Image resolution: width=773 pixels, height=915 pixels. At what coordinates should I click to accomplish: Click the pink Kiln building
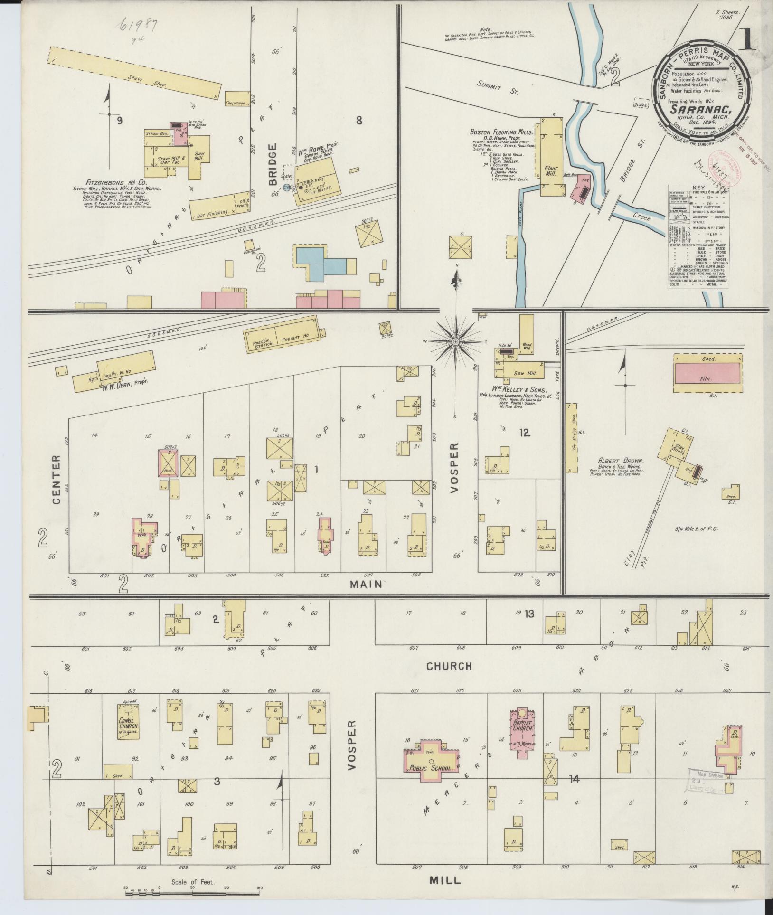pos(707,373)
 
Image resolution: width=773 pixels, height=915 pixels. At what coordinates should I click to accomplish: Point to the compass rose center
pos(455,341)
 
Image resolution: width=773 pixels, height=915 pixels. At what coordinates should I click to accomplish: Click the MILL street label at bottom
pos(445,880)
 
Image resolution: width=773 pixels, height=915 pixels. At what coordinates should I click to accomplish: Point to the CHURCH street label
pos(449,666)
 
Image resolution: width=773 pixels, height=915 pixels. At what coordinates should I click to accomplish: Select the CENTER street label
pos(57,480)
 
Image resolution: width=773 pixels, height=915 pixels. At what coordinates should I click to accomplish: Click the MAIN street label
pos(366,584)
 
